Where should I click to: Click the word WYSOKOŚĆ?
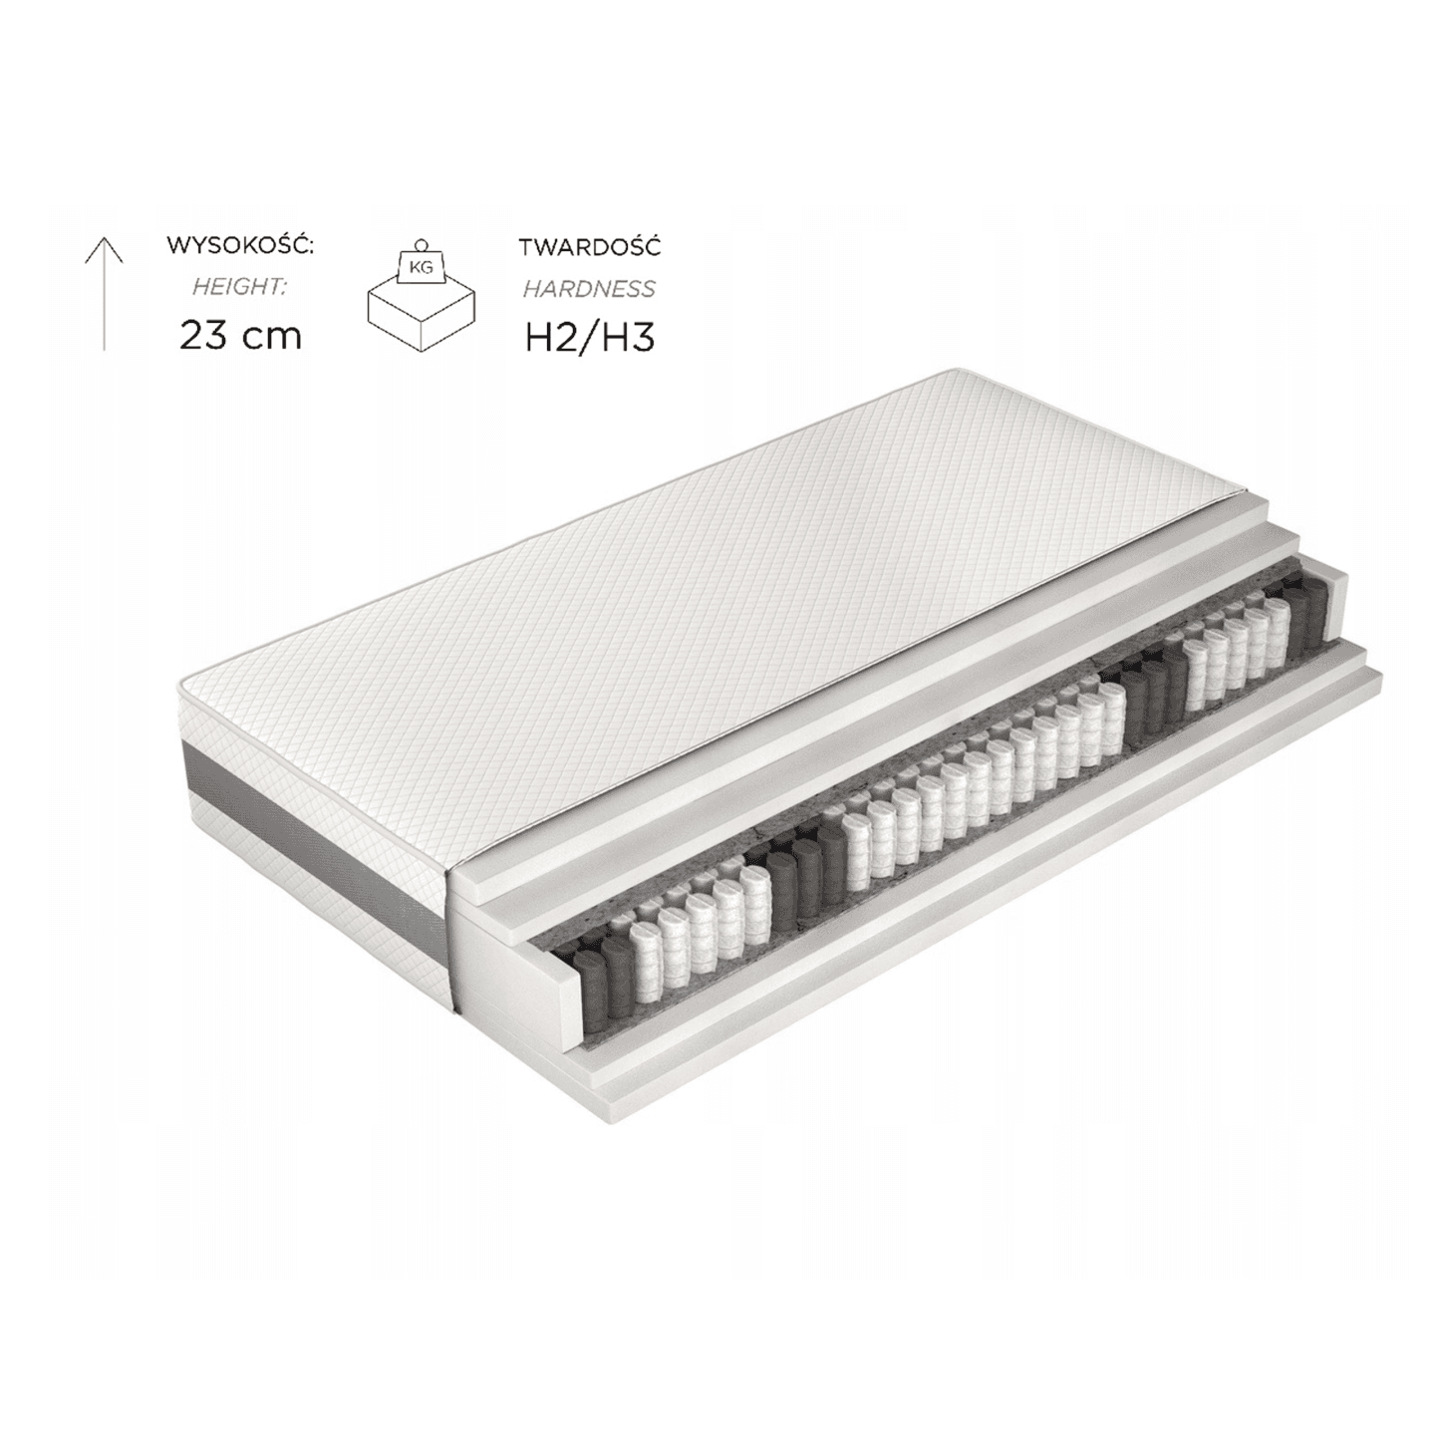(x=240, y=244)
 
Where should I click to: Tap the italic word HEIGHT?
(x=240, y=287)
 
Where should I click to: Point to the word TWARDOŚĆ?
(x=589, y=246)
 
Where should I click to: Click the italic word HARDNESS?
(x=589, y=289)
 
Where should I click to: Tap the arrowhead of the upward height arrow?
(x=104, y=247)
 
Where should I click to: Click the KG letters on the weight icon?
(x=422, y=266)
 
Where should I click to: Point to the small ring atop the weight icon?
(x=422, y=242)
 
